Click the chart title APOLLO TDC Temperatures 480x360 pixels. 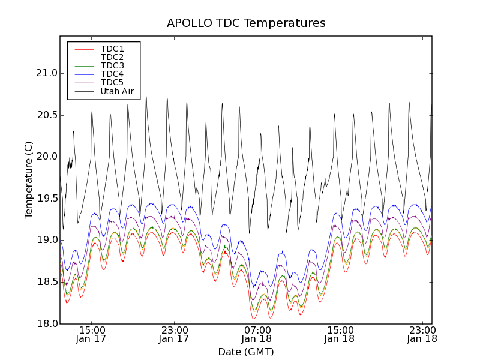(246, 23)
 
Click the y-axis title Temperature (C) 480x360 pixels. (29, 180)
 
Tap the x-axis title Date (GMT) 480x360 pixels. (245, 352)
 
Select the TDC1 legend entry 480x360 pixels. (112, 49)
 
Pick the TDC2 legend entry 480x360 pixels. (112, 57)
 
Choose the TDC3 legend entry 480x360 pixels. (112, 65)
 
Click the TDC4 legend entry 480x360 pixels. (112, 74)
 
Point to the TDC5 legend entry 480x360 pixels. (112, 83)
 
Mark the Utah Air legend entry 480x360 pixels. (117, 92)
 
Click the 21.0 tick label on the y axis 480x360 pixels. (47, 73)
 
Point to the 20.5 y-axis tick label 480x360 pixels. (47, 115)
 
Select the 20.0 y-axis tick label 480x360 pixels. (47, 157)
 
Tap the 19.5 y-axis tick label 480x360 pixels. (47, 199)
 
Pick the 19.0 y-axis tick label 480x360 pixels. (47, 240)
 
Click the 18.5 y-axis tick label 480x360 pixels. (47, 282)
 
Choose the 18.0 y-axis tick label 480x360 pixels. (47, 324)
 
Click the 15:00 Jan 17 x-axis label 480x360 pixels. (92, 334)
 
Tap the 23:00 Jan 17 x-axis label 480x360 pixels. (175, 334)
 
